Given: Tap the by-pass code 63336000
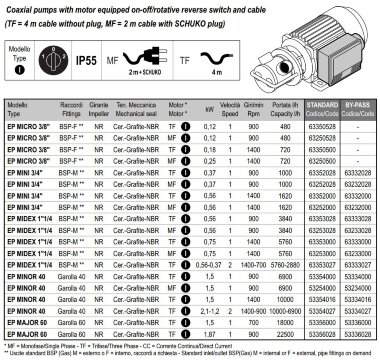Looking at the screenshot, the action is pyautogui.click(x=356, y=324).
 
